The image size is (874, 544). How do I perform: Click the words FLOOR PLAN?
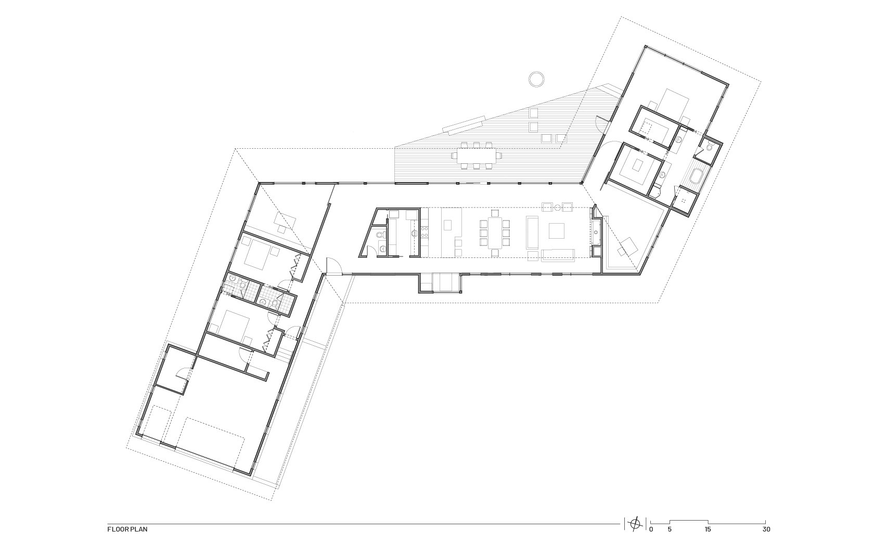click(127, 529)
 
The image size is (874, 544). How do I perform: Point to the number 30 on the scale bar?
click(766, 529)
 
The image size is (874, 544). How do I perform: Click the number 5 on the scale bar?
click(670, 529)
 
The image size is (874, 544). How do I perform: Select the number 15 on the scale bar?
click(708, 529)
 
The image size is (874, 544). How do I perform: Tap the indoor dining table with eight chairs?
click(494, 233)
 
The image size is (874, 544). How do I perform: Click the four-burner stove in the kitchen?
click(424, 231)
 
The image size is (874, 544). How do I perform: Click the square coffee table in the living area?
click(557, 230)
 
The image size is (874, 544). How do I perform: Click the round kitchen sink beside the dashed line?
click(415, 233)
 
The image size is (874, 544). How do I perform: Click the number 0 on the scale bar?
click(651, 529)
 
